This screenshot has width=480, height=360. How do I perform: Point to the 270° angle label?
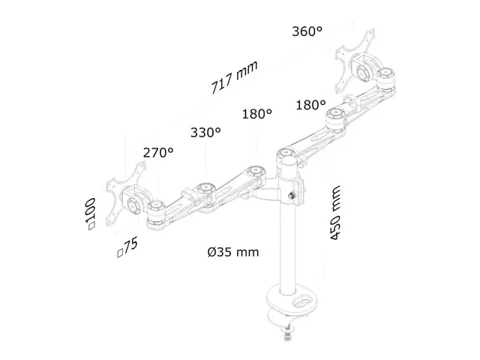158,151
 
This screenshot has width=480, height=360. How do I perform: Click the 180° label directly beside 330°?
256,115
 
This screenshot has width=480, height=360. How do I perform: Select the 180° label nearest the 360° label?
310,105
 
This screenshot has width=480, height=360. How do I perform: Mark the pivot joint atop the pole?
286,157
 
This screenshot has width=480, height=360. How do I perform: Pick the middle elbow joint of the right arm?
334,115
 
